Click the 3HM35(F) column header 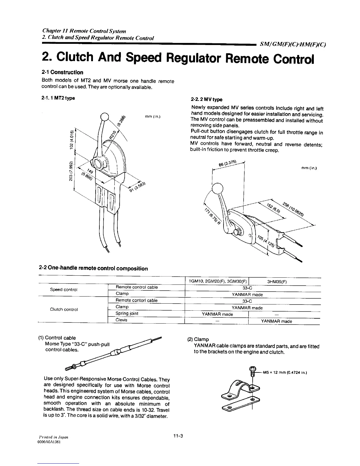[277, 282]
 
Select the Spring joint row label [127, 314]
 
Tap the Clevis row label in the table [121, 320]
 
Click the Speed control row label [64, 289]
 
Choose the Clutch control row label [64, 309]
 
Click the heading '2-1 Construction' [62, 72]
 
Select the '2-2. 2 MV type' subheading [206, 99]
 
